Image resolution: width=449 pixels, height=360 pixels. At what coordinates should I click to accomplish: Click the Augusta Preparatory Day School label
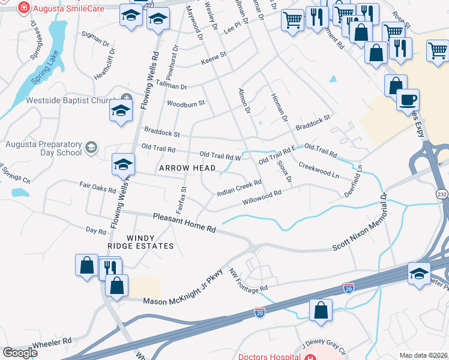coord(43,148)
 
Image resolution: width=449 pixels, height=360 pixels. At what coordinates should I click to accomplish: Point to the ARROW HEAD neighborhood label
coord(182,169)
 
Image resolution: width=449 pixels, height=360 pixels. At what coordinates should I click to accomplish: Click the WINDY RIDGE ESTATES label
coord(140,241)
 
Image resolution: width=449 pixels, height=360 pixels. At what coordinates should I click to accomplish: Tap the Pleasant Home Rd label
coord(184,223)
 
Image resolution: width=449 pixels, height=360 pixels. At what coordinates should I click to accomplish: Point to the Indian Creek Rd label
coord(240,188)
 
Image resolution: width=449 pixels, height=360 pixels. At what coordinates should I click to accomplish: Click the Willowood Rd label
coord(262,198)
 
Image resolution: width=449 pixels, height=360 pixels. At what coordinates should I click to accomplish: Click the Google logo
coord(20,353)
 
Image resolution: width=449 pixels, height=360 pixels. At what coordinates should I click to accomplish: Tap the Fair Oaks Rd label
coord(97,188)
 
